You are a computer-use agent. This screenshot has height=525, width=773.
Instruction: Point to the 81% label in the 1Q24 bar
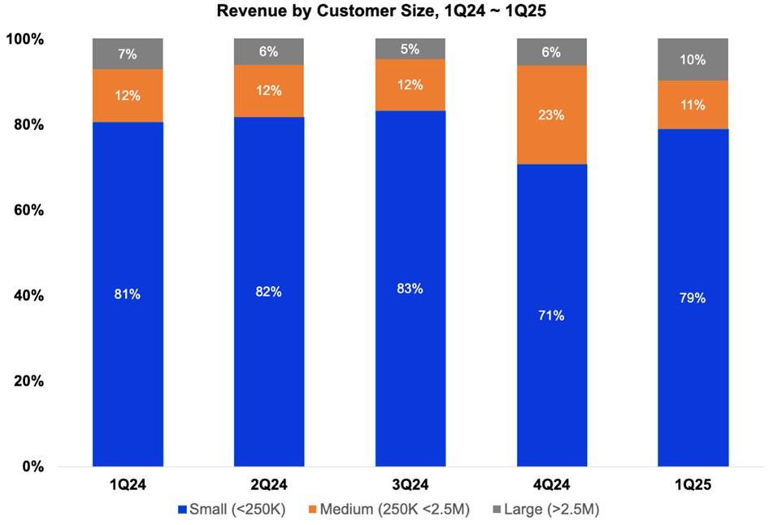click(x=128, y=295)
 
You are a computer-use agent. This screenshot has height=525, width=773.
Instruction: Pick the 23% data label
click(x=551, y=115)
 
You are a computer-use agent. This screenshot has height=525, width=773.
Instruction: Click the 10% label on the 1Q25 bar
click(x=693, y=60)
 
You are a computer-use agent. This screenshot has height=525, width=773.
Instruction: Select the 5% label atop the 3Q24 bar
click(x=410, y=49)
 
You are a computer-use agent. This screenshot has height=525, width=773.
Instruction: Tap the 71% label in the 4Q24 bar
click(x=551, y=315)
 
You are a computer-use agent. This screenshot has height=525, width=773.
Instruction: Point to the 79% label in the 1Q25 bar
click(x=693, y=297)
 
